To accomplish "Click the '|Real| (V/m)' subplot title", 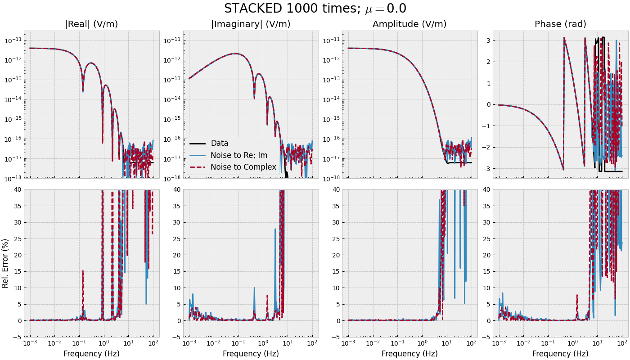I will (91, 24).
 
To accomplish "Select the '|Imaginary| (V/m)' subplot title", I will (251, 24).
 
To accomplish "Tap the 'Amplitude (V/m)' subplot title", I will (409, 24).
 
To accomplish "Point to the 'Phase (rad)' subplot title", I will (560, 24).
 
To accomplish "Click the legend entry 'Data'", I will (220, 144).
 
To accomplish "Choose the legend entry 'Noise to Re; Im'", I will (239, 155).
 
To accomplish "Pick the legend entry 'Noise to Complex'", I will (243, 167).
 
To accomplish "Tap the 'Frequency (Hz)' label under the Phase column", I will (560, 354).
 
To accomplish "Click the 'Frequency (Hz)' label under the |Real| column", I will (91, 354).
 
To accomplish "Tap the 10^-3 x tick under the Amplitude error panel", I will (348, 344).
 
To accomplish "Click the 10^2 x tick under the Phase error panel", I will (622, 344).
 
